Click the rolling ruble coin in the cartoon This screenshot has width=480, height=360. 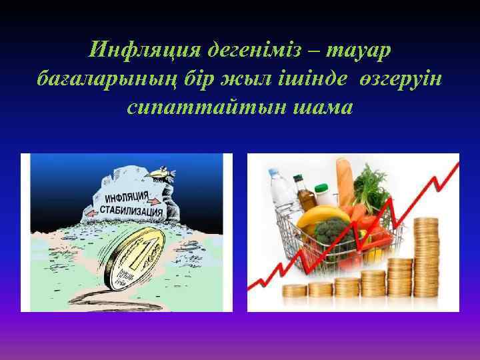pos(137,257)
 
